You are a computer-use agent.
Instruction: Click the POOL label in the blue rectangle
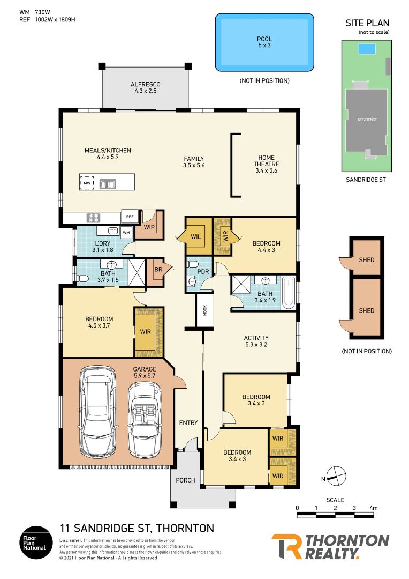264,39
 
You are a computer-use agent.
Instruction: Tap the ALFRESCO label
146,85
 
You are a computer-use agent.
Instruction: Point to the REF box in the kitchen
130,217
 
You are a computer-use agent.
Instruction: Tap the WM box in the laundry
126,233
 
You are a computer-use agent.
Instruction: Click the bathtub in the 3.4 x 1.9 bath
288,293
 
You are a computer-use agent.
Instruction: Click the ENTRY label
188,423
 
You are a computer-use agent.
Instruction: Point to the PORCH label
185,480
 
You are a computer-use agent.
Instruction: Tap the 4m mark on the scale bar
373,507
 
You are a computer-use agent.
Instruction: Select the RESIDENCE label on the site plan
367,120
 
